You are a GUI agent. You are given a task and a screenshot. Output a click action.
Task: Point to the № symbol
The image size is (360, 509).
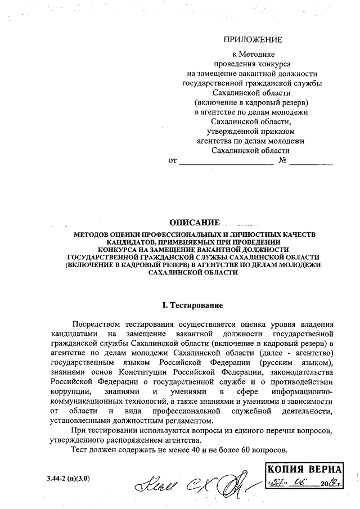[x=283, y=161]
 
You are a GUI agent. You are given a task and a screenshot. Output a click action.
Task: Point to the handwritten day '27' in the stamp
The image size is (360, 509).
[x=277, y=484]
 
